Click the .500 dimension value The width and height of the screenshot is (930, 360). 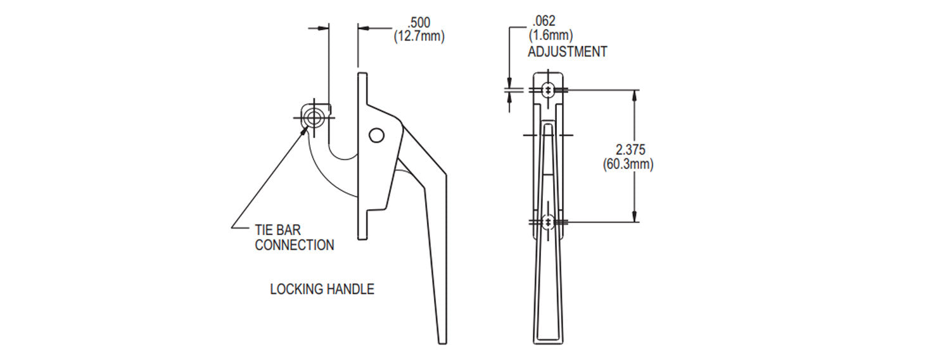click(x=419, y=22)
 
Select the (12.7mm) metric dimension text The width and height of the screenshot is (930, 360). click(x=419, y=36)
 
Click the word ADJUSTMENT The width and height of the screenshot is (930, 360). click(x=567, y=52)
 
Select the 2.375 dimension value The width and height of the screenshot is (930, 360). click(x=630, y=150)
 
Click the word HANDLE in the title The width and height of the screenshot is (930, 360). click(x=351, y=290)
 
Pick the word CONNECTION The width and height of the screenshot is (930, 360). click(x=294, y=245)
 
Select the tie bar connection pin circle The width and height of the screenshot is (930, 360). click(x=313, y=117)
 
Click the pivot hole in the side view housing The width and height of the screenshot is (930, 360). click(x=376, y=135)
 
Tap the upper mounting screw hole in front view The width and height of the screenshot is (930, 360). click(x=548, y=91)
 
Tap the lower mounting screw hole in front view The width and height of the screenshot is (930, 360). click(x=548, y=222)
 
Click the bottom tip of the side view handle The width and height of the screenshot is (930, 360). click(x=442, y=342)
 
